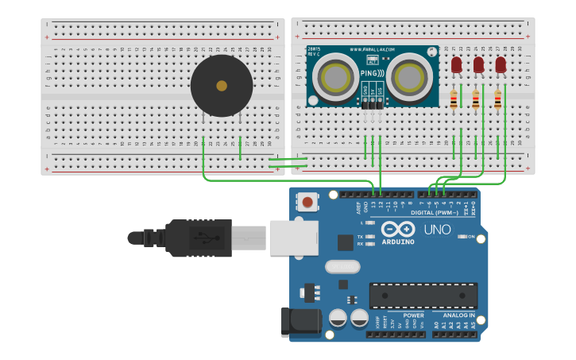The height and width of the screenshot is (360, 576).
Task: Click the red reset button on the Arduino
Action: (307, 202)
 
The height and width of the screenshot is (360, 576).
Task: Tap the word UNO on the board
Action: (437, 230)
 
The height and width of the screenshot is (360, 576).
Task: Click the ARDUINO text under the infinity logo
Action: (398, 242)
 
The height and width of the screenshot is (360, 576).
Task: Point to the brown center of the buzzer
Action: (222, 86)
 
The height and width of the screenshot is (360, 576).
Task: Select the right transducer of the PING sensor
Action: (410, 77)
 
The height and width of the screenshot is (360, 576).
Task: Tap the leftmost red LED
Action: (456, 66)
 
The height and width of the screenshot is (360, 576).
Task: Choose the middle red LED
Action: (478, 66)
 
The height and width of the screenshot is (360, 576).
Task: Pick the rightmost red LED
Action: (501, 66)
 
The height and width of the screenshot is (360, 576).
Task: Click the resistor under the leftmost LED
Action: (454, 100)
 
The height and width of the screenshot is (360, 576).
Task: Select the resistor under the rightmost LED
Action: (498, 100)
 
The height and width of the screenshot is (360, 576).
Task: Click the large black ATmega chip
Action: (423, 296)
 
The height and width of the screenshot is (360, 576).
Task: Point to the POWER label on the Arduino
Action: (413, 315)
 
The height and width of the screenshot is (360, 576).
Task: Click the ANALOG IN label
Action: (459, 315)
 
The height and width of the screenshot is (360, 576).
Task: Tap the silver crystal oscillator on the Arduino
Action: (342, 266)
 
